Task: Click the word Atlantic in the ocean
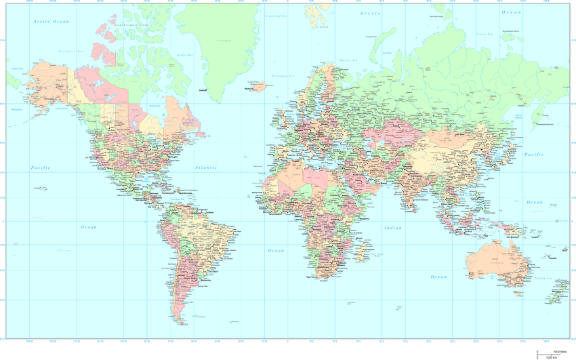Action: [205, 167]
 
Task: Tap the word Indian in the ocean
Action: [393, 228]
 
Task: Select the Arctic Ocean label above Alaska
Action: [52, 22]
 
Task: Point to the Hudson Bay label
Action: [154, 106]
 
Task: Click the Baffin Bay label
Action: [185, 55]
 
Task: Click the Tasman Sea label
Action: [540, 278]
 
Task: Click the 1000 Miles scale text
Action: [560, 352]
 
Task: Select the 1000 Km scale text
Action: [552, 357]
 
